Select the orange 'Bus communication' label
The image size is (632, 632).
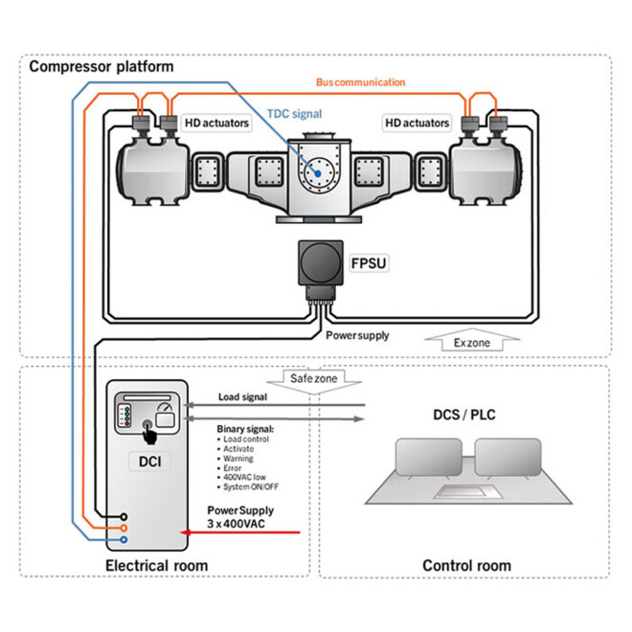[360, 82]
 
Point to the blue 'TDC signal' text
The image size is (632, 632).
[293, 112]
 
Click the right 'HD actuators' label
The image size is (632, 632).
[417, 123]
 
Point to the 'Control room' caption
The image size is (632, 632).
[466, 566]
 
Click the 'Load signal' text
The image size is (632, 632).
[243, 395]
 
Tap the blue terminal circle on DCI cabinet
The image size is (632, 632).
[124, 539]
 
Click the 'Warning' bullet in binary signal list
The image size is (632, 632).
[238, 459]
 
